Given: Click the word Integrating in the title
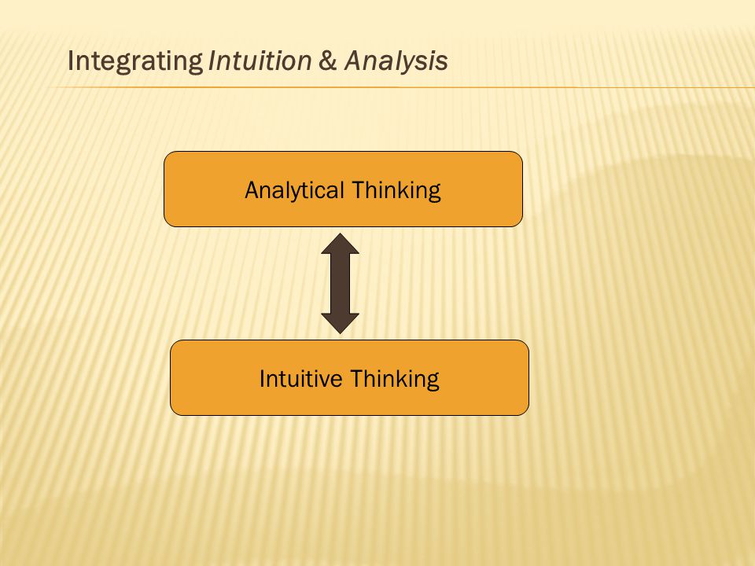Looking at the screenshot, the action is point(135,61).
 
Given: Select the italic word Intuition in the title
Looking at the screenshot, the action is point(260,61).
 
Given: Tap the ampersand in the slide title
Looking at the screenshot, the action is point(327,61).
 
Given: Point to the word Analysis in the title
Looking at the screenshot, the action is point(396,61).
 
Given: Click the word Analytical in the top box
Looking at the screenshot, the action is point(294,190).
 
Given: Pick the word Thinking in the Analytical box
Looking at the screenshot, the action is point(396,190).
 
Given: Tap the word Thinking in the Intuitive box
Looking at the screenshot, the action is point(394,379).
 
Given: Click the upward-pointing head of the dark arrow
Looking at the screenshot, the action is point(340,244).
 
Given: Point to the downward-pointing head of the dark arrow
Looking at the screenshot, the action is point(340,323).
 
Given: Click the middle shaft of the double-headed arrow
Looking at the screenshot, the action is point(340,284).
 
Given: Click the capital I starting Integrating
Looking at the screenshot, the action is point(71,61).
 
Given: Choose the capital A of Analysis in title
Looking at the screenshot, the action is point(355,61).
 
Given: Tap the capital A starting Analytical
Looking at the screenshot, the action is point(253,190).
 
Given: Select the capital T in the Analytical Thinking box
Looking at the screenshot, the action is point(357,190).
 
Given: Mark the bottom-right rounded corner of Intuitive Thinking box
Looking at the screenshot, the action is point(525,412).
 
